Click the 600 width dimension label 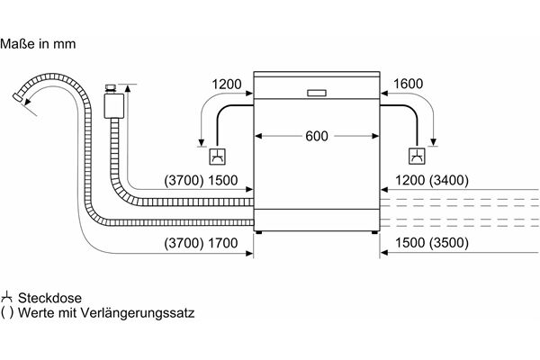point(317,137)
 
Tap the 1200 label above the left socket point(226,85)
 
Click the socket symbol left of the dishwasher point(218,157)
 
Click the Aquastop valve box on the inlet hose point(113,106)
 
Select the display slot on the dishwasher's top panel point(318,92)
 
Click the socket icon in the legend point(8,297)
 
